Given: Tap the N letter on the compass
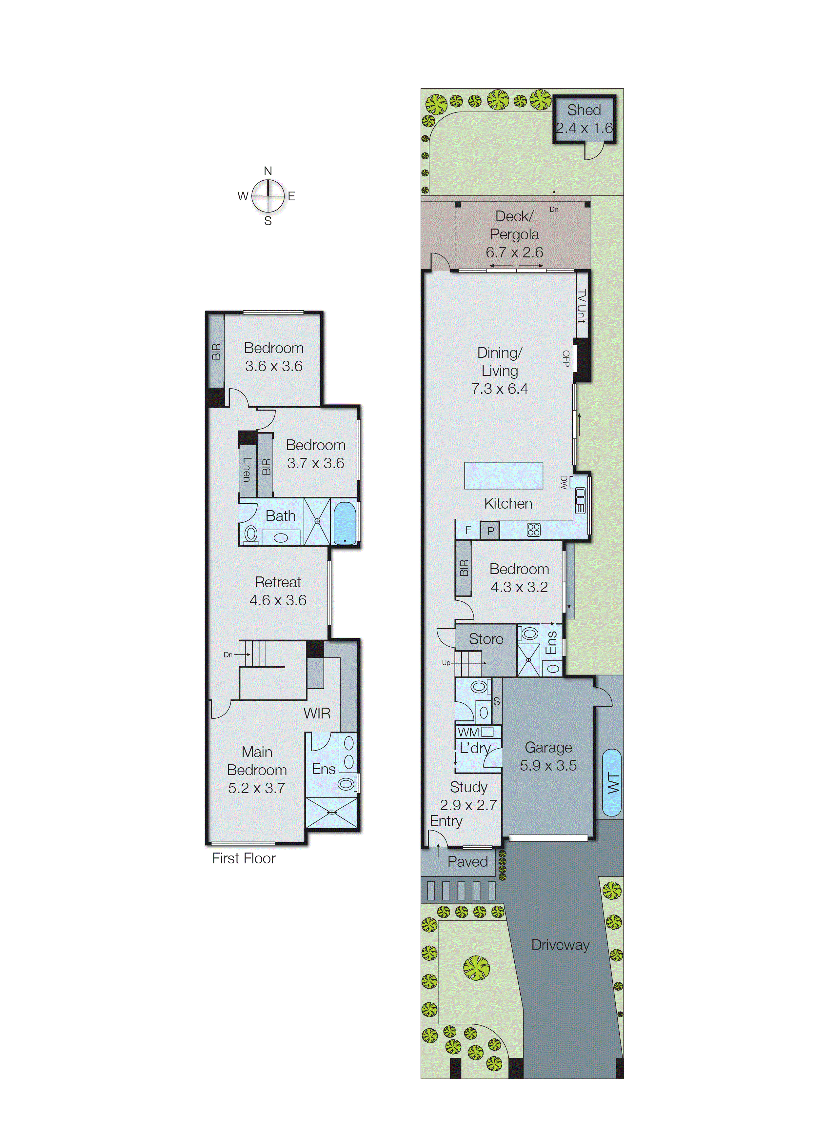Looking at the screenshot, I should coord(268,171).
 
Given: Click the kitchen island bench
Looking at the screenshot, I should coord(503,475).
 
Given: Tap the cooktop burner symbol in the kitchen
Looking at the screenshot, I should coord(534,530).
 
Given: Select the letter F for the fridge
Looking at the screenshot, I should coord(468,530).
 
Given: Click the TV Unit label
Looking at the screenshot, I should coord(581,306).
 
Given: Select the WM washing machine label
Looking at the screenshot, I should coord(468,732).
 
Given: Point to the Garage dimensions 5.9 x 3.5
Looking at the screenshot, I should coord(548,766).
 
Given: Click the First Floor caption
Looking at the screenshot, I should coord(244,858).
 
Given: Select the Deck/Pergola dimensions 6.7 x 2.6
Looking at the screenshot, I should coord(514,252).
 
